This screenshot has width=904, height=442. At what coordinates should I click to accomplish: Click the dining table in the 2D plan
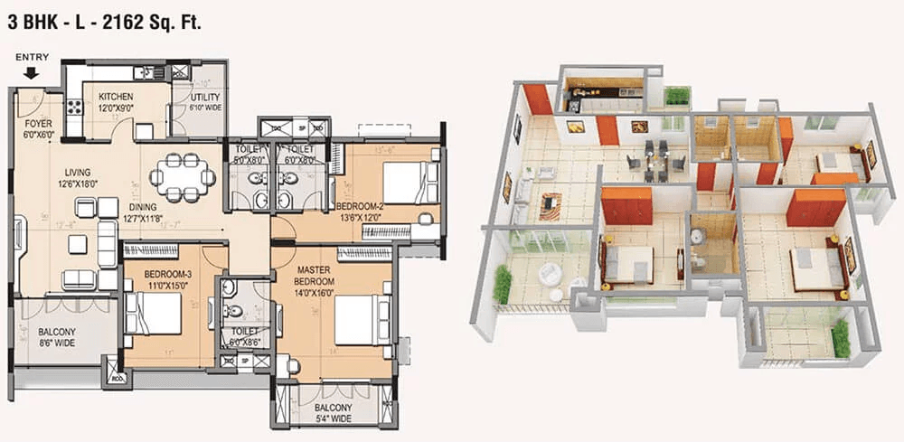coord(184,176)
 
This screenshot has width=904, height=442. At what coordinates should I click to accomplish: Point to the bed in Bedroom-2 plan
coord(409,181)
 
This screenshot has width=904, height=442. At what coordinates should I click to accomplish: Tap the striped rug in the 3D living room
coord(550,205)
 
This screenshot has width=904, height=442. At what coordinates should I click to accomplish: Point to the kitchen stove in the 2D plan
coord(74,107)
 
